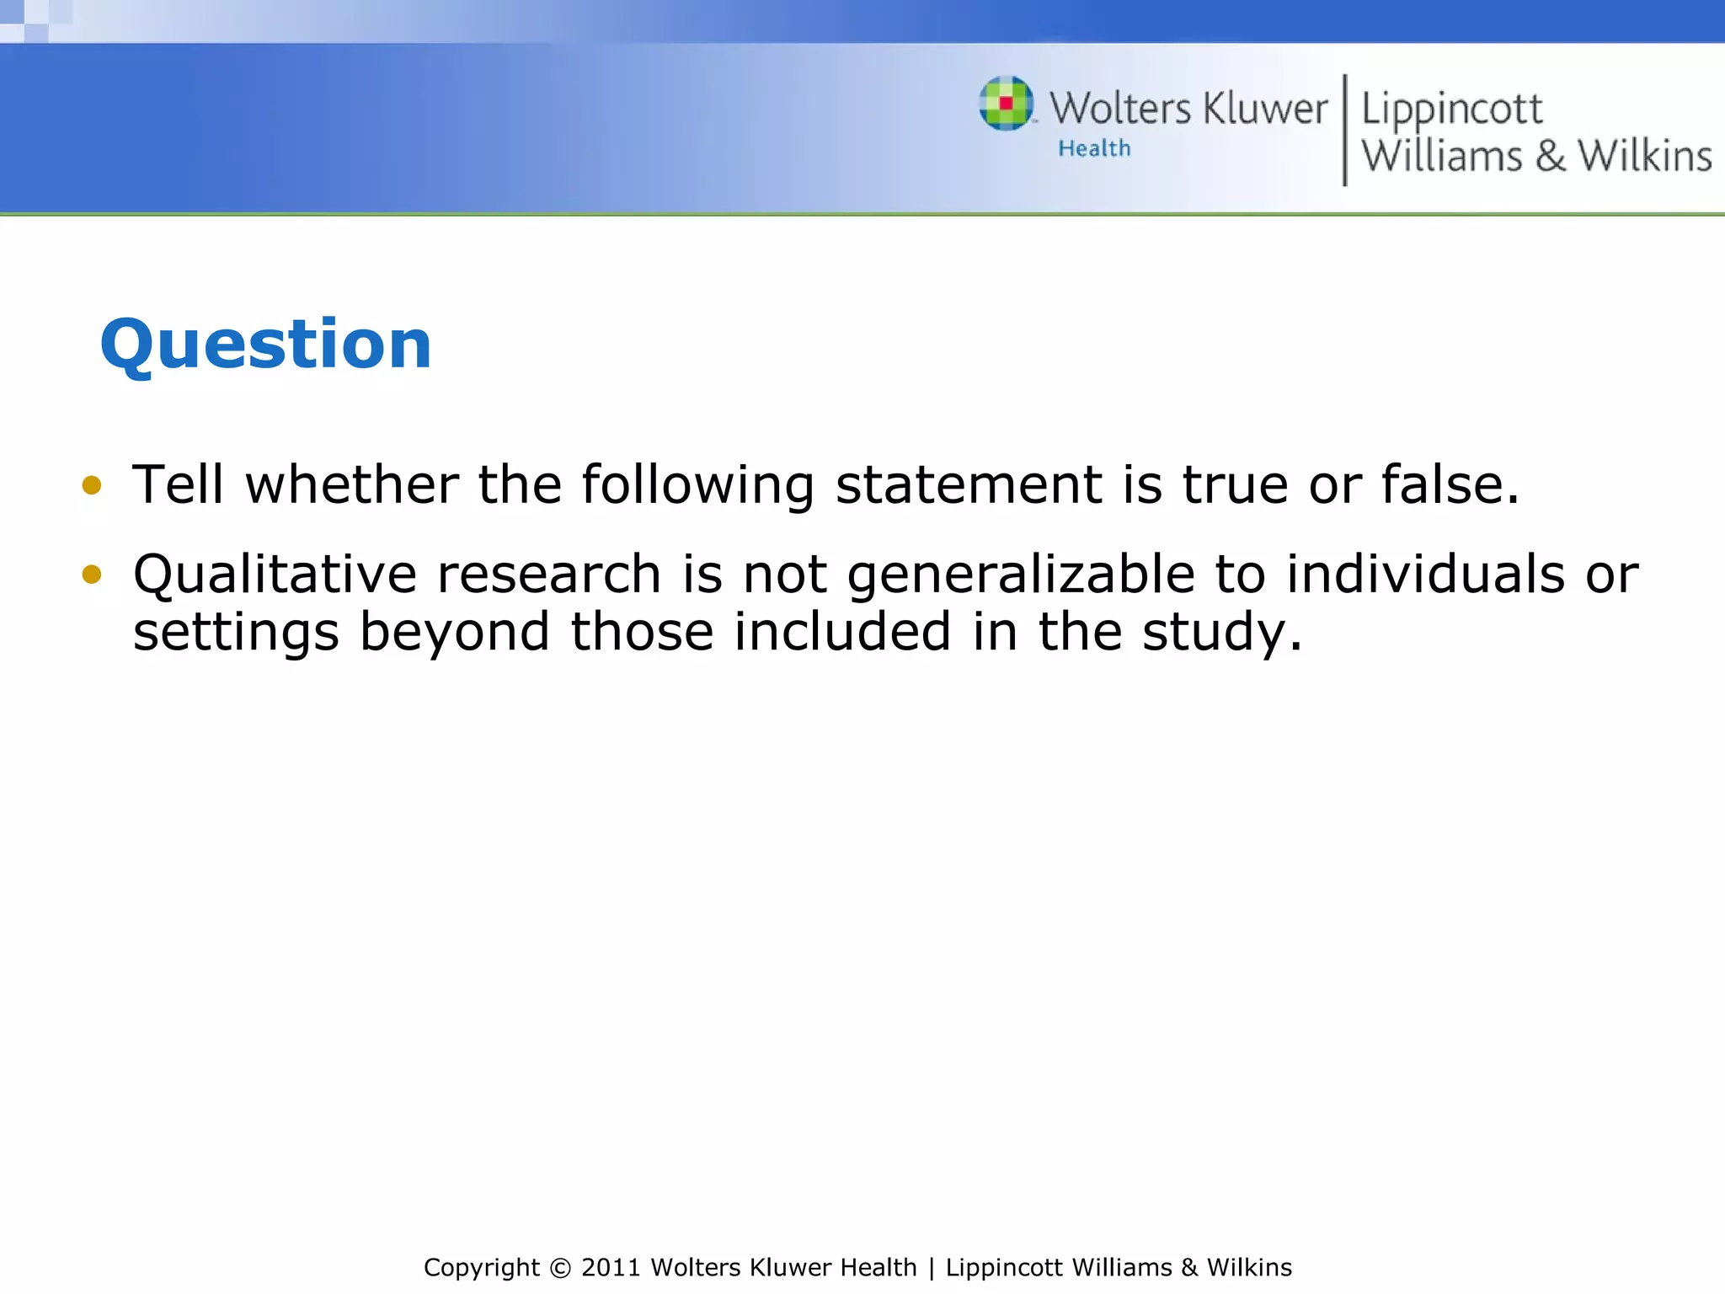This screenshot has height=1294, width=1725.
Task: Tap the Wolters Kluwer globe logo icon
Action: coord(1006,104)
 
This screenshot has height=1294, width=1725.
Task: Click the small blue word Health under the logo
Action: coord(1094,148)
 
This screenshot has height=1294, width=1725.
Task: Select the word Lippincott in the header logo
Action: coord(1451,110)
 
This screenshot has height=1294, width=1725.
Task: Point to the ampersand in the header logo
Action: coord(1550,157)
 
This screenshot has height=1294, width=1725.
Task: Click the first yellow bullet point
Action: coord(92,485)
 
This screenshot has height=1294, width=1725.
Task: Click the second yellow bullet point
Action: coord(92,575)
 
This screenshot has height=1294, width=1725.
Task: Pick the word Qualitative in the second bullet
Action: coord(275,575)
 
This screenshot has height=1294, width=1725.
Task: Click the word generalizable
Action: coord(1021,575)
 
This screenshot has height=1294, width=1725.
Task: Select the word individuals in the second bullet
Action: coord(1425,575)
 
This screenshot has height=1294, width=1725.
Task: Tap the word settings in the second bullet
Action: coord(236,632)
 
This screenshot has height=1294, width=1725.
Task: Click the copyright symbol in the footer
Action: coord(559,1268)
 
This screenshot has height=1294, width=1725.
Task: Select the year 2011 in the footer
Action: coord(611,1268)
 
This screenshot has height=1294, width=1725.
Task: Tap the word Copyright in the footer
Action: coord(481,1268)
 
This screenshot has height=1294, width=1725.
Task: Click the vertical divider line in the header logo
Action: coord(1344,131)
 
